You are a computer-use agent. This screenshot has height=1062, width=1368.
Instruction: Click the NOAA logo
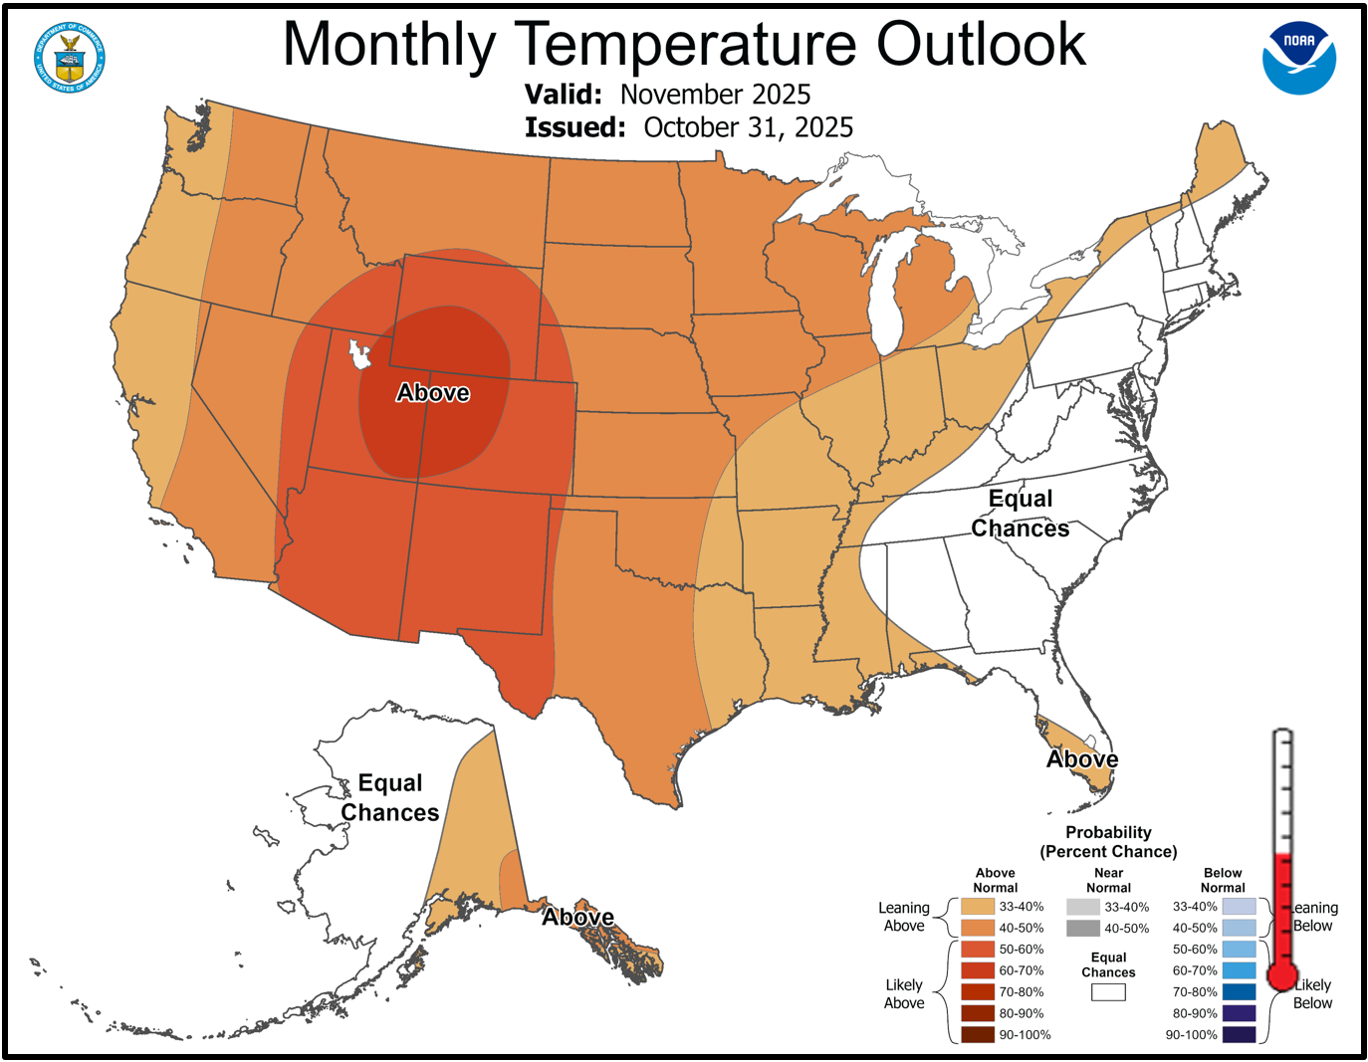[x=1299, y=59]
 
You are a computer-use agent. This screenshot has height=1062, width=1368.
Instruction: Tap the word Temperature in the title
[x=686, y=45]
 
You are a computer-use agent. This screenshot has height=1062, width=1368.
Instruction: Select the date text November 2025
[x=715, y=95]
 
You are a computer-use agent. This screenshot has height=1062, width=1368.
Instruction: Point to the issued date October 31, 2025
[x=748, y=127]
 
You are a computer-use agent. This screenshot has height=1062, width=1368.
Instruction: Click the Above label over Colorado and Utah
[x=433, y=393]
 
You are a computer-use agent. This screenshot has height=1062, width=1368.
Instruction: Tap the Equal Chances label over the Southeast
[x=1021, y=514]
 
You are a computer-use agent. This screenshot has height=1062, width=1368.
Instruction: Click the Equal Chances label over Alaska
[x=390, y=798]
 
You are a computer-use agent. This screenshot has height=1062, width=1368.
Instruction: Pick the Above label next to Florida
[x=1082, y=759]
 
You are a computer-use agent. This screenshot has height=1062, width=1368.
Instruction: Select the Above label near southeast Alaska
[x=577, y=917]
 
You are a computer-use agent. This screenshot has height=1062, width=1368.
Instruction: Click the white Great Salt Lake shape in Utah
[x=359, y=353]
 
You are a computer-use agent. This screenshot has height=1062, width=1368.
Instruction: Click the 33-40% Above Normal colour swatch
[x=977, y=907]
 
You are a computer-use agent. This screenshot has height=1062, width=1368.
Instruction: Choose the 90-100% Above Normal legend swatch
[x=977, y=1034]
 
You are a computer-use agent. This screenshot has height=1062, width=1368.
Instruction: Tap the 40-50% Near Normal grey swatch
[x=1082, y=929]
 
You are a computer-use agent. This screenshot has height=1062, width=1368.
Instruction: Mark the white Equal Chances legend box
[x=1108, y=992]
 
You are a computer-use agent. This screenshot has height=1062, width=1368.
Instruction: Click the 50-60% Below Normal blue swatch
[x=1239, y=950]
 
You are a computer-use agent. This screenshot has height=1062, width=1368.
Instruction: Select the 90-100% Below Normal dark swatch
[x=1239, y=1034]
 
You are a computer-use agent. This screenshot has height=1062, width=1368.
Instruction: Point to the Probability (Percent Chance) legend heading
[x=1108, y=842]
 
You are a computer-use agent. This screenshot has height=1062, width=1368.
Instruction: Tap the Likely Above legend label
[x=904, y=993]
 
